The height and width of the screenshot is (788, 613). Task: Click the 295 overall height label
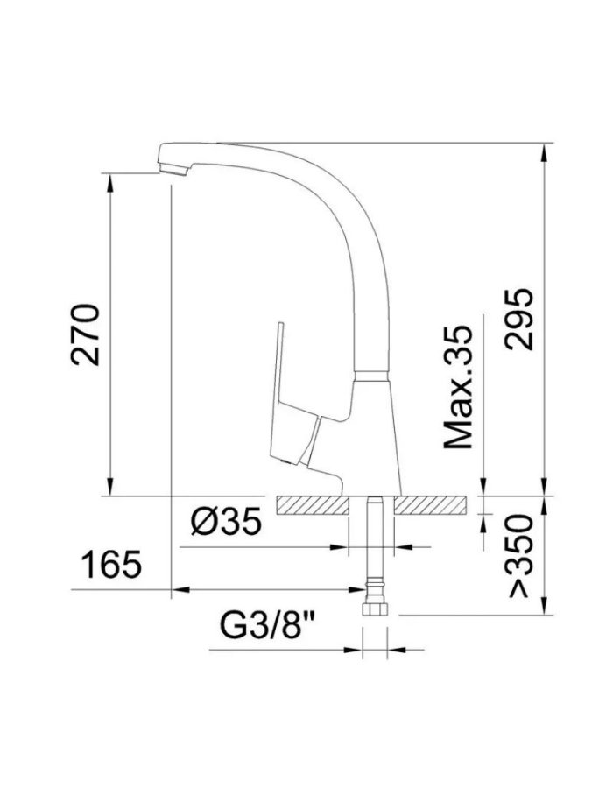click(518, 319)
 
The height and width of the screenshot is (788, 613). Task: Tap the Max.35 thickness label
click(458, 388)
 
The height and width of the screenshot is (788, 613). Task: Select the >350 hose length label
click(520, 556)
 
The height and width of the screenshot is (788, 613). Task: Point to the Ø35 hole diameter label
click(227, 521)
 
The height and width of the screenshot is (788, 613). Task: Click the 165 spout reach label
click(111, 565)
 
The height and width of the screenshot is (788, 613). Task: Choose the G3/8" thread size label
click(267, 624)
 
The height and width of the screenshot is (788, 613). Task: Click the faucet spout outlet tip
click(173, 171)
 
